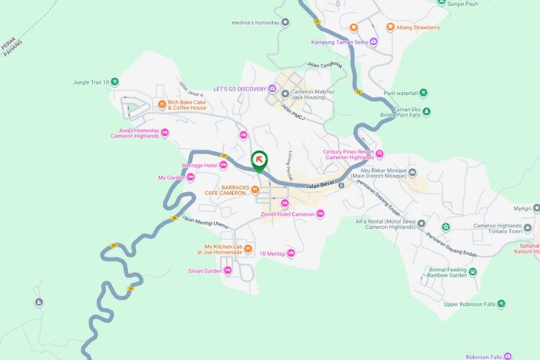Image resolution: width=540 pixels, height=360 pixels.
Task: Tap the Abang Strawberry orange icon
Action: tap(390, 27)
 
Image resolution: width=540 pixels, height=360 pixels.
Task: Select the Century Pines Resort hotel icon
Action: tap(379, 153)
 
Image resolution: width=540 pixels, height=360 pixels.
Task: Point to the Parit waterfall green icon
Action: tap(423, 92)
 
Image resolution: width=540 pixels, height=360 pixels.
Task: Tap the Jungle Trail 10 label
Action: tap(90, 82)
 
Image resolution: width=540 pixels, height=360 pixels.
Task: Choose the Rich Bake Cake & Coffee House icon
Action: tap(162, 103)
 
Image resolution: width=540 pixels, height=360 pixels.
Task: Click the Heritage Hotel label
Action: tap(199, 166)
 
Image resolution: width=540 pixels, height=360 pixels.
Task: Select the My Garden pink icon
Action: tap(190, 177)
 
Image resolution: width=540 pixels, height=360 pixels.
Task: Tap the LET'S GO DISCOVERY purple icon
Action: tap(272, 89)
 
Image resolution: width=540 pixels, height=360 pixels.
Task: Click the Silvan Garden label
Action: tap(203, 271)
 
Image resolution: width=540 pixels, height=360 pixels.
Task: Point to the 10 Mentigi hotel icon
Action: tap(291, 253)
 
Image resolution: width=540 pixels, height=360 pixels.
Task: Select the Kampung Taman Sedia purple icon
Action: tap(372, 42)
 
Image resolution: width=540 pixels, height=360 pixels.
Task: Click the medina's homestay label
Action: tap(254, 22)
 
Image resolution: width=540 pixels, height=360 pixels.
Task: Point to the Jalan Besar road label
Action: tap(322, 186)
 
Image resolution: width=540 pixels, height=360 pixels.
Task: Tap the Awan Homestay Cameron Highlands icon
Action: tap(165, 132)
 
